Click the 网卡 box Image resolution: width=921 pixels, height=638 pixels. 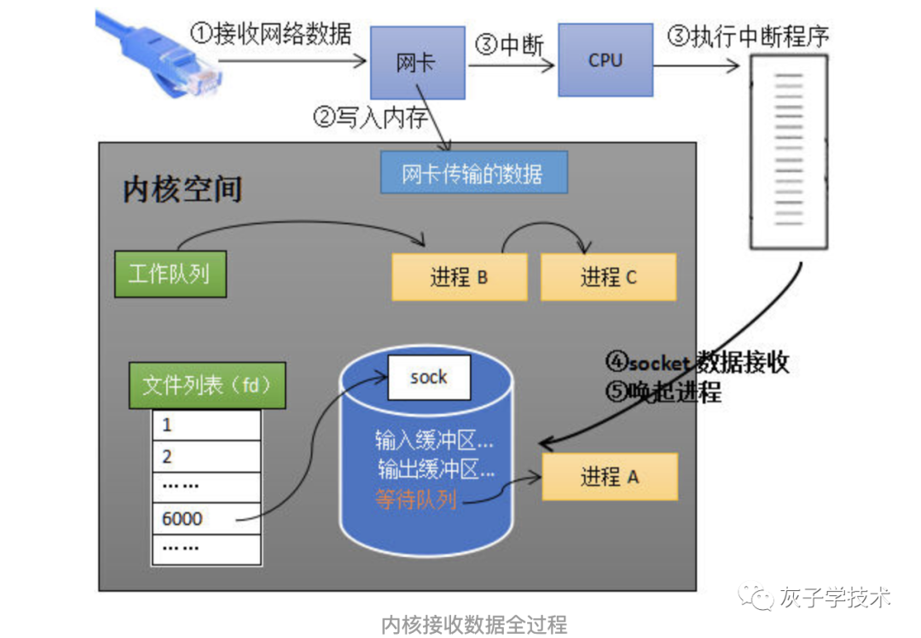(417, 63)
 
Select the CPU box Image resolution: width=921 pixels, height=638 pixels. (605, 61)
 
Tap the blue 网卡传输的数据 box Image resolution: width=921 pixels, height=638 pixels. (472, 174)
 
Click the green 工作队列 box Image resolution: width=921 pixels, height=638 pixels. (171, 274)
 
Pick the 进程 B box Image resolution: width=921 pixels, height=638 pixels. (459, 277)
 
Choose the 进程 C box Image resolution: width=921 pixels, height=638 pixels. (608, 277)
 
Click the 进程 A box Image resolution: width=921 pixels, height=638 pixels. (610, 476)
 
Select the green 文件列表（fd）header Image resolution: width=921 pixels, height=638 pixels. (206, 386)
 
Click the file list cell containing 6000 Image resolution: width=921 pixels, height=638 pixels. (206, 518)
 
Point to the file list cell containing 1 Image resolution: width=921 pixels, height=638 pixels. (206, 425)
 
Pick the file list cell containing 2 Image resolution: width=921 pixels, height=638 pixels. (206, 456)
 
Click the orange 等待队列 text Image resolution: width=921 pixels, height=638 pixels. (416, 500)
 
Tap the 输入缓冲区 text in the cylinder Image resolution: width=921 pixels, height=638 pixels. (434, 440)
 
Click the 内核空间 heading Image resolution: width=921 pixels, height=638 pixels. (182, 188)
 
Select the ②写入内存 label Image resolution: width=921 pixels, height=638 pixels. (371, 118)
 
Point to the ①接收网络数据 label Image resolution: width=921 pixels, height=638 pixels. (270, 34)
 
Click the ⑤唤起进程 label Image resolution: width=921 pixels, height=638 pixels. (663, 391)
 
